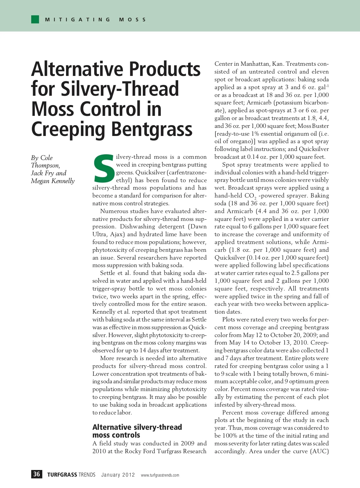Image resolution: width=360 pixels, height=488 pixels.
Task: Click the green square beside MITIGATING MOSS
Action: click(x=35, y=20)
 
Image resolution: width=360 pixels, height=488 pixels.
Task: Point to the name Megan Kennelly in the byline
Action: click(x=53, y=181)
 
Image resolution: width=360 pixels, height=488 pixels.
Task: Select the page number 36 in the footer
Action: click(x=37, y=474)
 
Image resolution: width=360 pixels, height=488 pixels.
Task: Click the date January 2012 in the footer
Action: click(x=118, y=475)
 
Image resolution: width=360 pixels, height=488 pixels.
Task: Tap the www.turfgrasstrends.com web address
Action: click(x=160, y=475)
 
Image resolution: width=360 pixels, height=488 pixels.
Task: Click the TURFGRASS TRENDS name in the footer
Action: click(x=71, y=475)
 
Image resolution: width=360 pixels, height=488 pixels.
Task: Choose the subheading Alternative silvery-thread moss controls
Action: click(x=137, y=431)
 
